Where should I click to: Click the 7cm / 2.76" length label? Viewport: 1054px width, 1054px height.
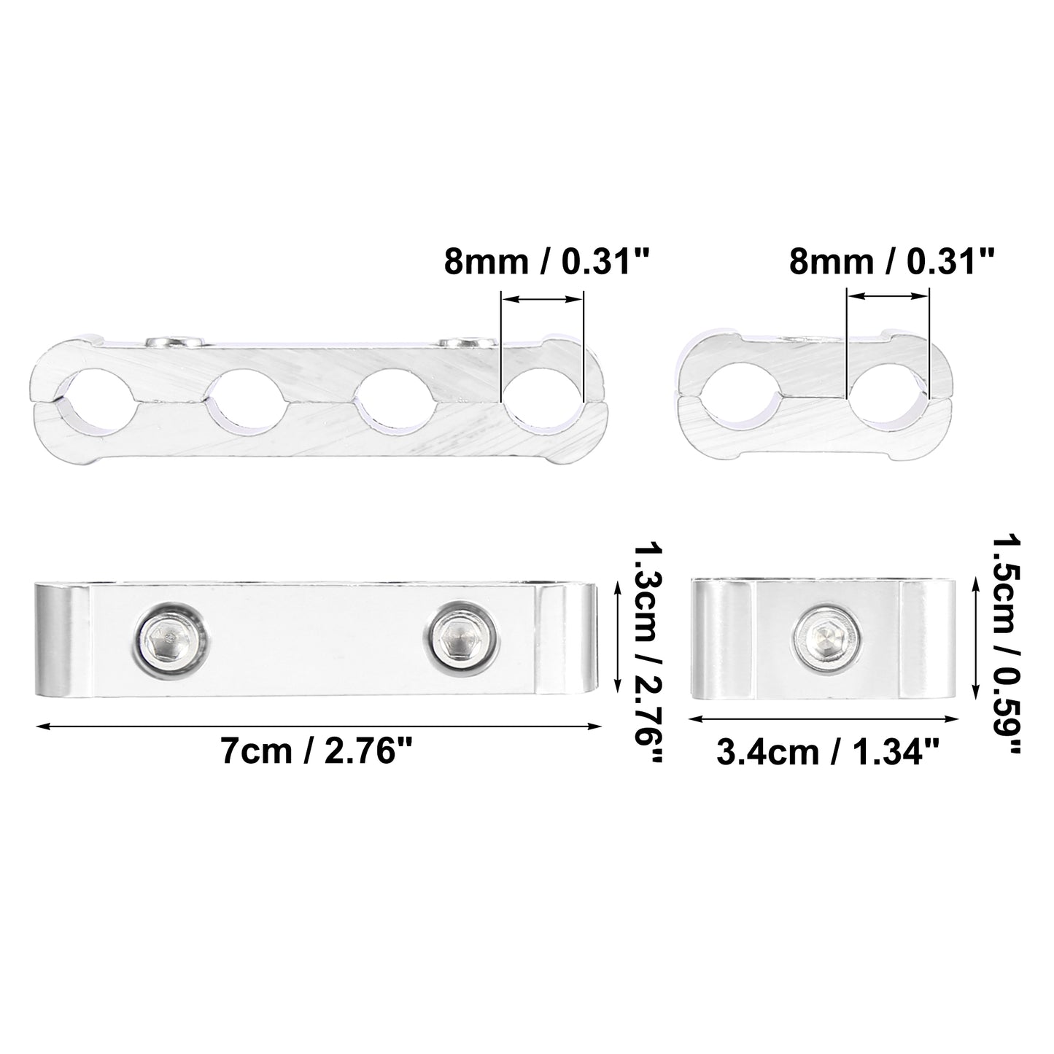point(317,751)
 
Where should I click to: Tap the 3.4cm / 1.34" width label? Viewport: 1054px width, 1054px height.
point(828,752)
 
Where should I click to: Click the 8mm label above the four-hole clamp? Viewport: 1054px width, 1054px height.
point(546,261)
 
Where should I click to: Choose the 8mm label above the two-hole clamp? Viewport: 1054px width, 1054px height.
point(891,261)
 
